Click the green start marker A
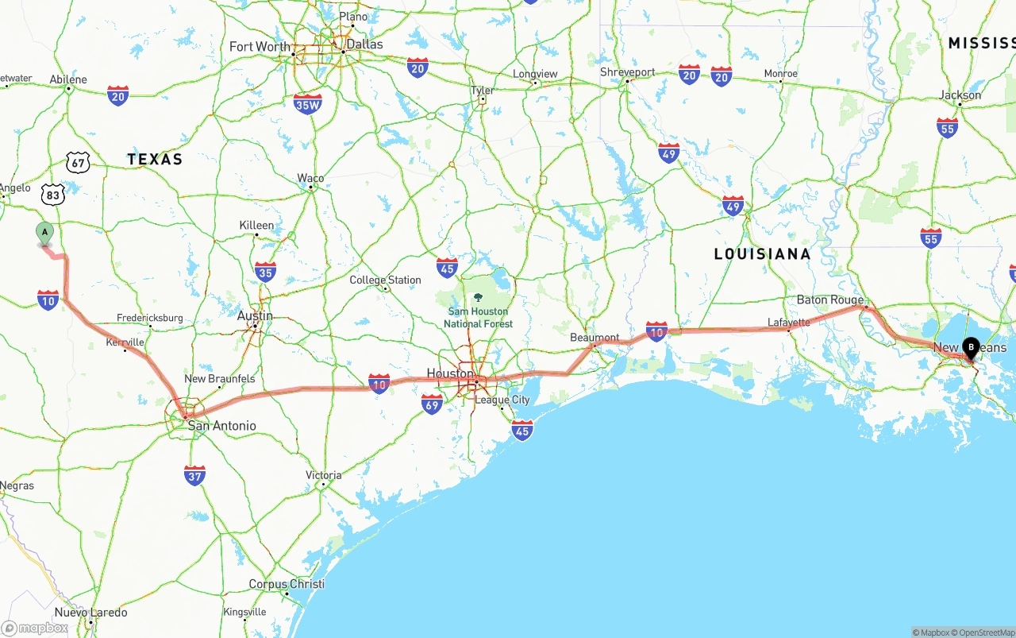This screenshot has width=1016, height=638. click(x=45, y=234)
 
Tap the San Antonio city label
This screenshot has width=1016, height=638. click(x=221, y=426)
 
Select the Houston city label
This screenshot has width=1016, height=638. click(x=450, y=373)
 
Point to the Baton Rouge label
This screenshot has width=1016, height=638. click(x=830, y=300)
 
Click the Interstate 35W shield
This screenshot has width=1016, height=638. click(x=307, y=103)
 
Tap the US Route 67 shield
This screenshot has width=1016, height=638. click(x=78, y=163)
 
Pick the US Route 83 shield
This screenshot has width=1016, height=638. click(x=53, y=194)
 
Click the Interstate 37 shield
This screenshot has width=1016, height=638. click(x=194, y=475)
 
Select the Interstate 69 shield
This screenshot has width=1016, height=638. click(x=432, y=404)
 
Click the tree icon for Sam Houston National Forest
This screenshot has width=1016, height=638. click(x=478, y=297)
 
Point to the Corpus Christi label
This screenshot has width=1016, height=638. click(x=287, y=584)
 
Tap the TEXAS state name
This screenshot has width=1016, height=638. click(x=155, y=160)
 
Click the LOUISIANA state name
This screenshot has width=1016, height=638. click(x=762, y=254)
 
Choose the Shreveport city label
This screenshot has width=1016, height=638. click(x=628, y=72)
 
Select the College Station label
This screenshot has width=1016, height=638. click(x=386, y=280)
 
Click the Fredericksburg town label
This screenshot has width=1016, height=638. click(x=149, y=318)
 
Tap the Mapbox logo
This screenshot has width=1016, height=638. click(x=35, y=628)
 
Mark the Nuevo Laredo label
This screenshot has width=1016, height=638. click(x=90, y=613)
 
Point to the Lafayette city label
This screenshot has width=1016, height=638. click(x=788, y=322)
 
